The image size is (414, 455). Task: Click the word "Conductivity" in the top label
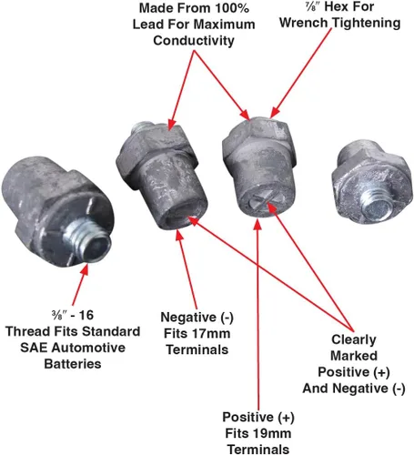coord(194,41)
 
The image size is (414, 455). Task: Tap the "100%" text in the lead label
coord(232,8)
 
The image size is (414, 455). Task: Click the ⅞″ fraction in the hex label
coord(312,6)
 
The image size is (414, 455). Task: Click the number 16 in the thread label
coord(86,316)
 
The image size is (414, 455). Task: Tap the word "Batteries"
coord(73,364)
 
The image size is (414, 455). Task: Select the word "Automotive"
coord(88,348)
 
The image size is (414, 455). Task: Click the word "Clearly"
coord(354,340)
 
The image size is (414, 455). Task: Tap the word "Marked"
coord(354,356)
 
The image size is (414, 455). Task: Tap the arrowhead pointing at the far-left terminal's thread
coord(85,269)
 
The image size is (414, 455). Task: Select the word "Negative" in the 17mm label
coord(188,318)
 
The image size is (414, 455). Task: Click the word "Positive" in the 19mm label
coord(247,418)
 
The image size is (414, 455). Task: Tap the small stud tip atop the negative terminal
coord(143,126)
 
